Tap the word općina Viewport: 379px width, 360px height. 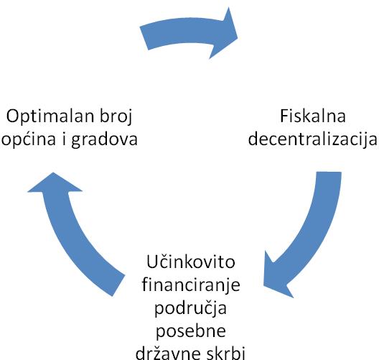[29, 140]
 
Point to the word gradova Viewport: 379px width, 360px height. [104, 140]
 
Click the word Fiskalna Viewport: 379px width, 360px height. [313, 116]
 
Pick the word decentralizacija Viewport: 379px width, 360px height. [312, 140]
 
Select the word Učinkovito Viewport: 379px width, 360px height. [191, 262]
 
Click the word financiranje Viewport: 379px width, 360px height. [191, 285]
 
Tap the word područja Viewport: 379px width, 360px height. [190, 308]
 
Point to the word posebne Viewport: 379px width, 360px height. [191, 331]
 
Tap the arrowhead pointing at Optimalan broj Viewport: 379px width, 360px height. [54, 183]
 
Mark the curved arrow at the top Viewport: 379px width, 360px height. [189, 32]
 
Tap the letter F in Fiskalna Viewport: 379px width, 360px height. [284, 116]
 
